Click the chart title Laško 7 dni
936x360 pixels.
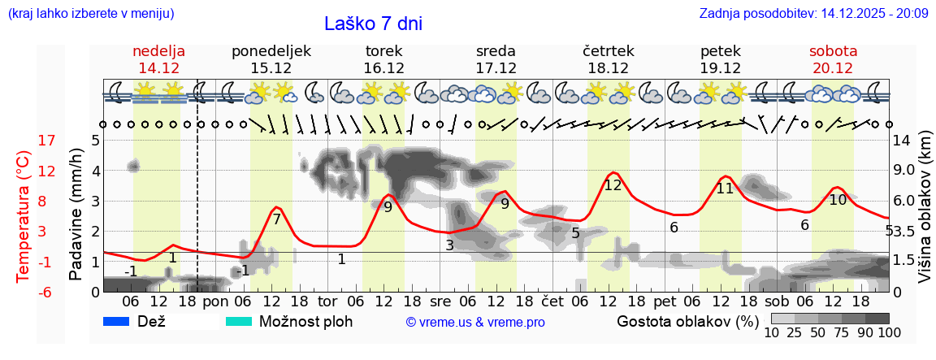point(373,24)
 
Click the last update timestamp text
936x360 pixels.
point(813,14)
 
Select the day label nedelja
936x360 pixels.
point(159,51)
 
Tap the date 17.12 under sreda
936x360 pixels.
point(496,68)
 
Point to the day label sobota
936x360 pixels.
point(833,51)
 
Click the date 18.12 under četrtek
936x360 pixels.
point(608,68)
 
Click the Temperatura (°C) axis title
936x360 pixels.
point(24,215)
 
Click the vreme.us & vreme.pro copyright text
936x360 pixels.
point(475,323)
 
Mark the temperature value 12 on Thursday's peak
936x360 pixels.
point(613,185)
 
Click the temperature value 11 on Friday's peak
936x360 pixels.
point(725,189)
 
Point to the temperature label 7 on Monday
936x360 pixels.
point(276,219)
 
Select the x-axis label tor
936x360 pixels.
point(328,301)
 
